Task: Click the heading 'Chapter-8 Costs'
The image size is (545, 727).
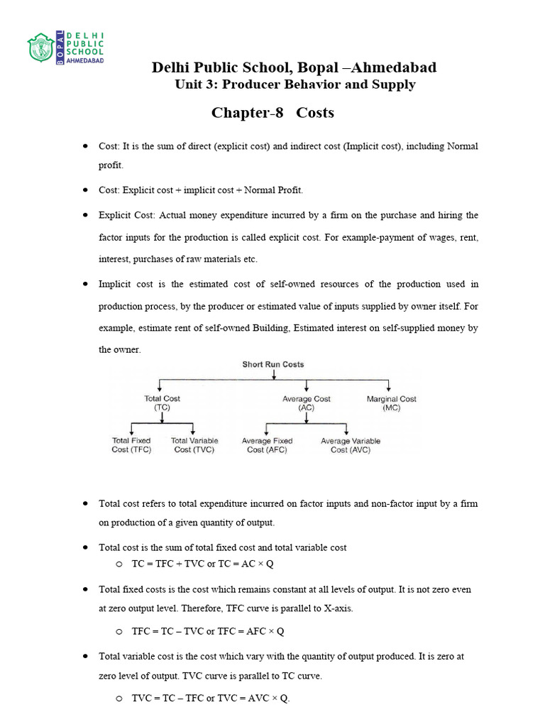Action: pos(272,113)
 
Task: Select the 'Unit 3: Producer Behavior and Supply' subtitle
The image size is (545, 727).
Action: pos(294,84)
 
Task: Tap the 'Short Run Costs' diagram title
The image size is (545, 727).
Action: pos(273,365)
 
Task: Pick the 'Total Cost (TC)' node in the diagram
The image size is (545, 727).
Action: pos(162,403)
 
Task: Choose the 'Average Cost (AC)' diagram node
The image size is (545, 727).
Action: pos(306,403)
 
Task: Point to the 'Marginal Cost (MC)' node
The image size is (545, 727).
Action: pos(391,403)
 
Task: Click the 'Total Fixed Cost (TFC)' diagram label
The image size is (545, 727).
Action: pos(131,445)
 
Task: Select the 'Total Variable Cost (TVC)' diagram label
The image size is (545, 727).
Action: pos(194,445)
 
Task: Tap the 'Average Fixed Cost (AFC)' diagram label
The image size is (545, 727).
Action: pos(267,445)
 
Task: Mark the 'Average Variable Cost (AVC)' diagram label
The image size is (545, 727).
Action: pos(350,445)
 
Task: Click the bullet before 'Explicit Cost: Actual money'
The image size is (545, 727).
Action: pos(85,214)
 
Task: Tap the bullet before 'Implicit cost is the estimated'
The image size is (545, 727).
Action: pos(85,283)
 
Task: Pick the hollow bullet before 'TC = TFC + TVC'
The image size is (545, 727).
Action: pos(119,564)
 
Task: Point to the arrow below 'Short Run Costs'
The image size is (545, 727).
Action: pos(273,375)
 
